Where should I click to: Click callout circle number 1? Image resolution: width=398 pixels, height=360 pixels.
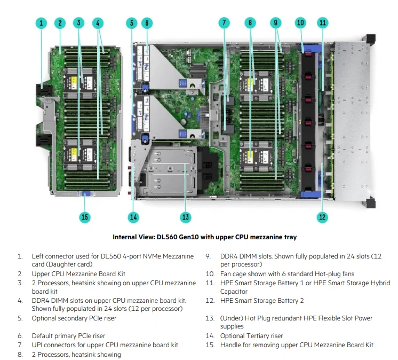tap(42, 23)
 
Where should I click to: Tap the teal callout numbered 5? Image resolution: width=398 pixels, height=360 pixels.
tap(132, 23)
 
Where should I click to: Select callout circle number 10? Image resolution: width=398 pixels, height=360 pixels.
tap(300, 22)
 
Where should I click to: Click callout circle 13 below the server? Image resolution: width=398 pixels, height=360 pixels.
tap(185, 217)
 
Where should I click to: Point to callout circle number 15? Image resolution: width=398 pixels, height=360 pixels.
tap(85, 217)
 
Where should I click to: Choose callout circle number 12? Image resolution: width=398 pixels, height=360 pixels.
tap(322, 217)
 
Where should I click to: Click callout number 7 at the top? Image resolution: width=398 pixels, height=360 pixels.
tap(224, 23)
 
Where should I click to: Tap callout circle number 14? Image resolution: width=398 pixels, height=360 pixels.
tap(133, 217)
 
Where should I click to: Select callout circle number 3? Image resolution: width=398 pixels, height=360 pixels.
tap(79, 23)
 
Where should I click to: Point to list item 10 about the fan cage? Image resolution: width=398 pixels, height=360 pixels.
tap(287, 274)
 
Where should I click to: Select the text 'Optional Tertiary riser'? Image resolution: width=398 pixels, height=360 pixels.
tap(251, 336)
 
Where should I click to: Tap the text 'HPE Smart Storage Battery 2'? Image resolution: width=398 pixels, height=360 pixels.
tap(262, 301)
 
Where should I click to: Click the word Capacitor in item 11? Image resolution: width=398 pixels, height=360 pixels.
tap(234, 292)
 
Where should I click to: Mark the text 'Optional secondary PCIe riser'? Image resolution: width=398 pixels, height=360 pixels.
tap(74, 318)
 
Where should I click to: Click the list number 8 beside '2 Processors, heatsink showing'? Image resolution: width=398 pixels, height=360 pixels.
tap(20, 354)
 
